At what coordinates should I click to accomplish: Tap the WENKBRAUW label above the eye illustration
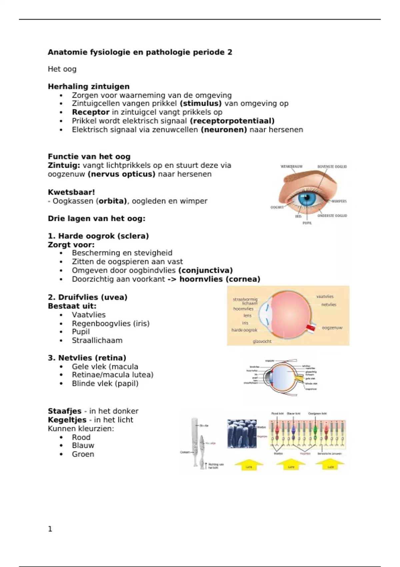click(291, 166)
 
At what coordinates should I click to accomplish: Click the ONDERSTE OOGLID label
click(332, 216)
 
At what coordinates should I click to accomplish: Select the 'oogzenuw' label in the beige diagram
click(332, 328)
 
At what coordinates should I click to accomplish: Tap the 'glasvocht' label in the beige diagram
click(262, 341)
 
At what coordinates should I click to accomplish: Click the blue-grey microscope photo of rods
click(242, 434)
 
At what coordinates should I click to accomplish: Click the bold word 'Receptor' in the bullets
click(91, 112)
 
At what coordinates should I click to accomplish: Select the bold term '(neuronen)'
click(224, 130)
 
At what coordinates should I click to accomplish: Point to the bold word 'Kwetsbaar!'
click(71, 192)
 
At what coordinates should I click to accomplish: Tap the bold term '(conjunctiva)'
click(205, 270)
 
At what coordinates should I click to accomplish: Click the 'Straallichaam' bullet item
click(97, 341)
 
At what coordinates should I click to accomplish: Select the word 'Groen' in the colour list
click(83, 454)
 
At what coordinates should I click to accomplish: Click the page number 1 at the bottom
click(50, 529)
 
